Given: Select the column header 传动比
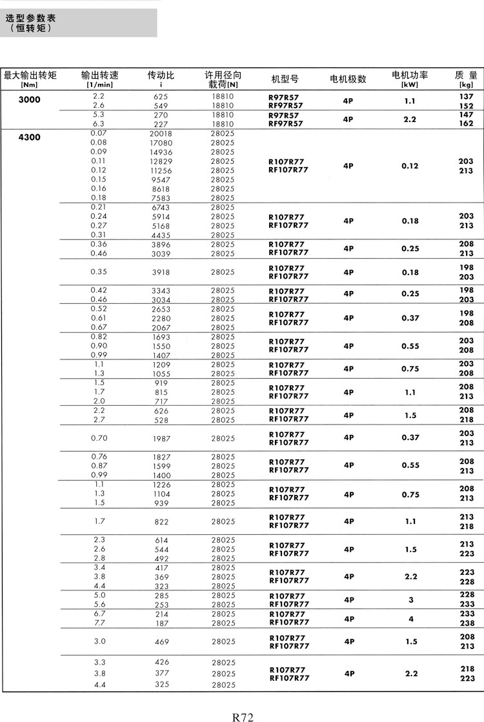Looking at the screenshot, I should point(161,75).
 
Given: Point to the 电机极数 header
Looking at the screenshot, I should point(348,79).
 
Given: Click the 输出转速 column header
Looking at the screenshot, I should point(99,75).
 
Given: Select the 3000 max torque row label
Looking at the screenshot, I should point(29,99).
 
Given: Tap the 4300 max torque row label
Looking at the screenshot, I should point(29,137).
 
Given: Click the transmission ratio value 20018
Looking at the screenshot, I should point(161,134).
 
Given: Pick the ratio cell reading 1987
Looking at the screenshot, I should point(161,439).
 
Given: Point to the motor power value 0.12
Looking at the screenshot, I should point(410,166).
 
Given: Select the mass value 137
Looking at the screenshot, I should point(466,96).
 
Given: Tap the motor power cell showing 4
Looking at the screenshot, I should point(410,619).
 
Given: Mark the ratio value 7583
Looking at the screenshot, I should point(161,198).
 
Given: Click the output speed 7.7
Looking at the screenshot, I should point(99,623).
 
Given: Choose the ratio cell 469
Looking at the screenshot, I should point(161,642).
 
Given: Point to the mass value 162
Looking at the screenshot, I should point(466,123).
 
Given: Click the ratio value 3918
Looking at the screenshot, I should point(161,272).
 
